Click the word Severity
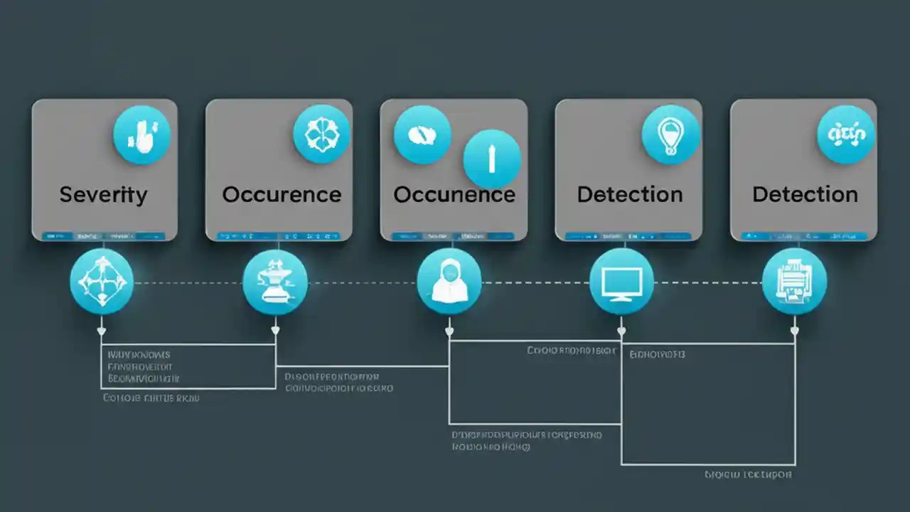103,195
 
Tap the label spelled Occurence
282,195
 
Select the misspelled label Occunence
454,195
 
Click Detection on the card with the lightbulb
630,195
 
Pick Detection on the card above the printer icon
805,195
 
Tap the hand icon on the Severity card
141,135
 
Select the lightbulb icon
670,135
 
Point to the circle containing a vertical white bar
492,159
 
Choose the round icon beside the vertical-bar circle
422,135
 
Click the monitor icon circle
621,282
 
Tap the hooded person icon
449,282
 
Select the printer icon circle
794,282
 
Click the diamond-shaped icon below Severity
102,282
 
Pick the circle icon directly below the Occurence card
275,282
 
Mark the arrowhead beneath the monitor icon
621,331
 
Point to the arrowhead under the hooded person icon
449,331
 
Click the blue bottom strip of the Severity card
104,235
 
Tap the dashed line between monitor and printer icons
707,283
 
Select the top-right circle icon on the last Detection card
846,135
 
